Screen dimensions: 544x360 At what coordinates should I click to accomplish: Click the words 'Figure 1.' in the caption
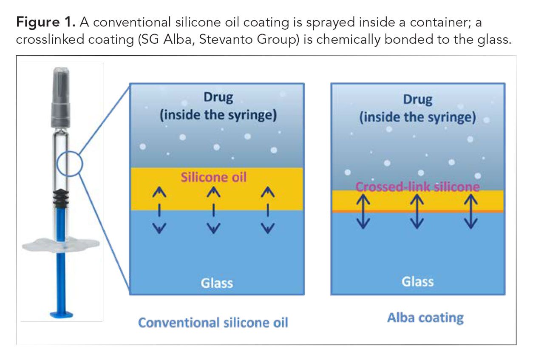tap(45, 23)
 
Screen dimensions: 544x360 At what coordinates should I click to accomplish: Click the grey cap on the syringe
tap(61, 97)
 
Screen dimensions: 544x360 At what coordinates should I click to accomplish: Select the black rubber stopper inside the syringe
tap(61, 198)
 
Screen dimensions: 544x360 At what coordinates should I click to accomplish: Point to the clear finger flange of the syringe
tap(61, 245)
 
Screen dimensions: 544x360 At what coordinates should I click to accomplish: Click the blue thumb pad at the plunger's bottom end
tap(61, 315)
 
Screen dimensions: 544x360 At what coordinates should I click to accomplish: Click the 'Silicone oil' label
tap(213, 177)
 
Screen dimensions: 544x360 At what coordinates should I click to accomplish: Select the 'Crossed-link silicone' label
tap(417, 187)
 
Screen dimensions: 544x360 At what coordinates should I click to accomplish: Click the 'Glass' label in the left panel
tap(217, 283)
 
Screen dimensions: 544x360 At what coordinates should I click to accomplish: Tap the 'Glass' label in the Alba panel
tap(417, 282)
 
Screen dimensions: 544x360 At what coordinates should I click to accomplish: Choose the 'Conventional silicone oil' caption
tap(213, 323)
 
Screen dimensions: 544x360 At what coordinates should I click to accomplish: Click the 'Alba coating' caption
tap(425, 318)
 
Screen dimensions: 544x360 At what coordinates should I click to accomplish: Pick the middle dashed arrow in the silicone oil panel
tap(213, 210)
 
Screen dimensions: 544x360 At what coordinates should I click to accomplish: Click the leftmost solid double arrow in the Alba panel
tap(363, 211)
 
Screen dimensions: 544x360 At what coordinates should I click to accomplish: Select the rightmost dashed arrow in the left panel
tap(268, 210)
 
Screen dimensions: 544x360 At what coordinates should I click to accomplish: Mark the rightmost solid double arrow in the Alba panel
tap(471, 211)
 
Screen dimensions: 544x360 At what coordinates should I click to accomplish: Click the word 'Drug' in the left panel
tap(218, 97)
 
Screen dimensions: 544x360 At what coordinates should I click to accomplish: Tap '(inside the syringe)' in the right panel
tap(417, 117)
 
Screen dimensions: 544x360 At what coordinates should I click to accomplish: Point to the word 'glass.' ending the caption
tap(494, 40)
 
